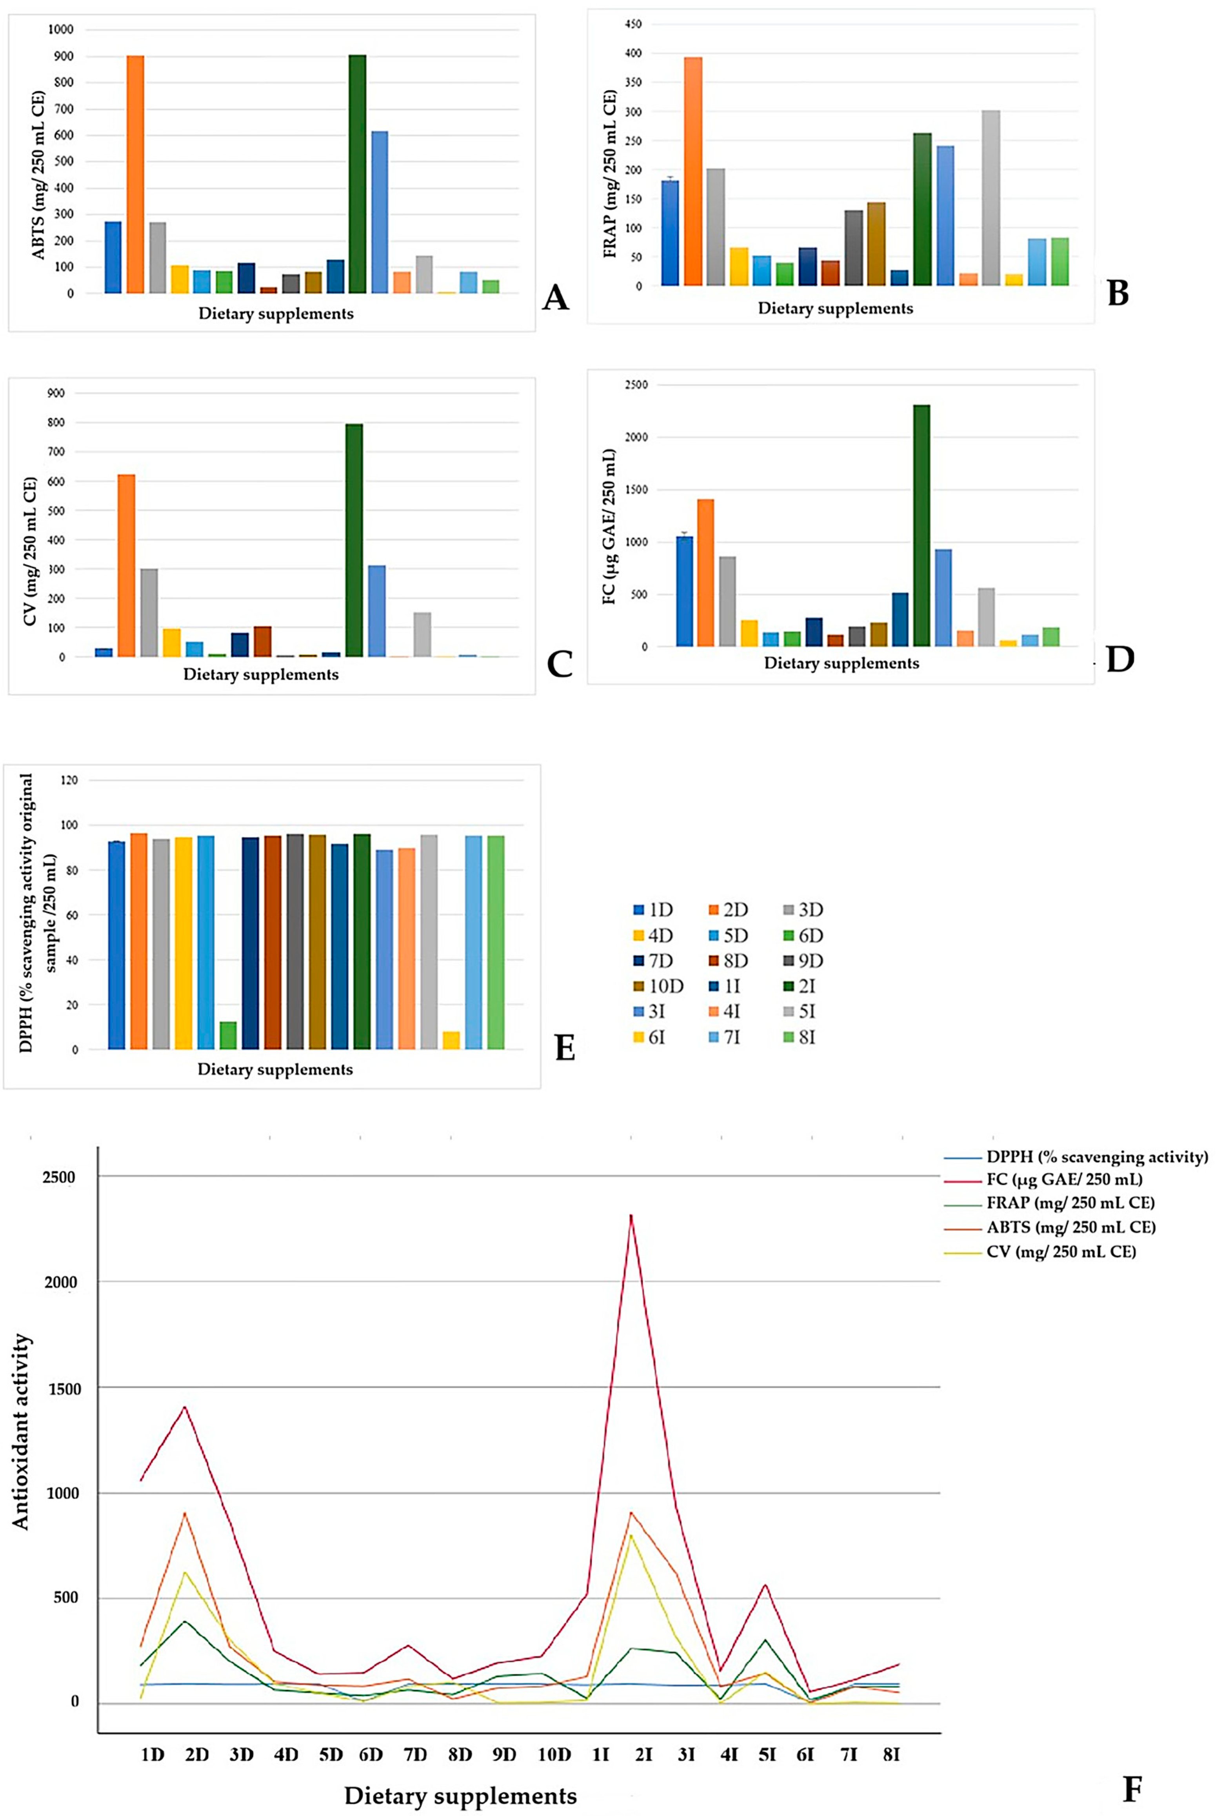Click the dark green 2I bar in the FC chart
coord(921,526)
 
